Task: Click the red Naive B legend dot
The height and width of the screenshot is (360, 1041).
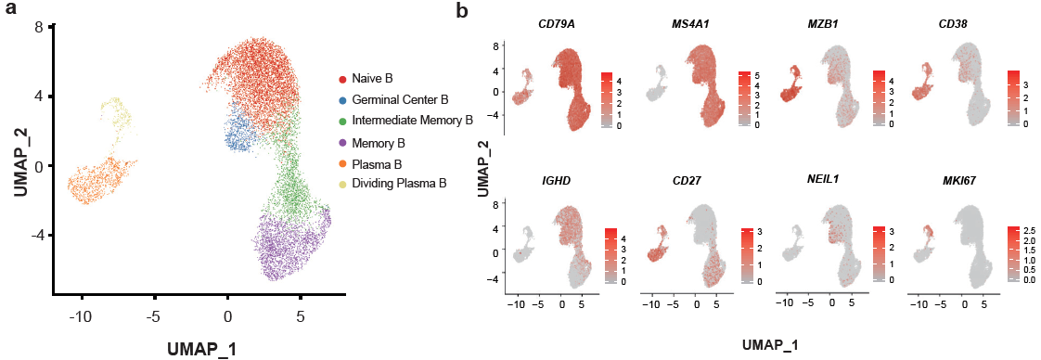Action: coord(342,79)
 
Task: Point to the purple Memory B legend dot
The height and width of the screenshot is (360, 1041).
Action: coord(342,141)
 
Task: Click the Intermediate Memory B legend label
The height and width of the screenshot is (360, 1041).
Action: coord(413,121)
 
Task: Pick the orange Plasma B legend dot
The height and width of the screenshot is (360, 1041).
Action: coord(342,162)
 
